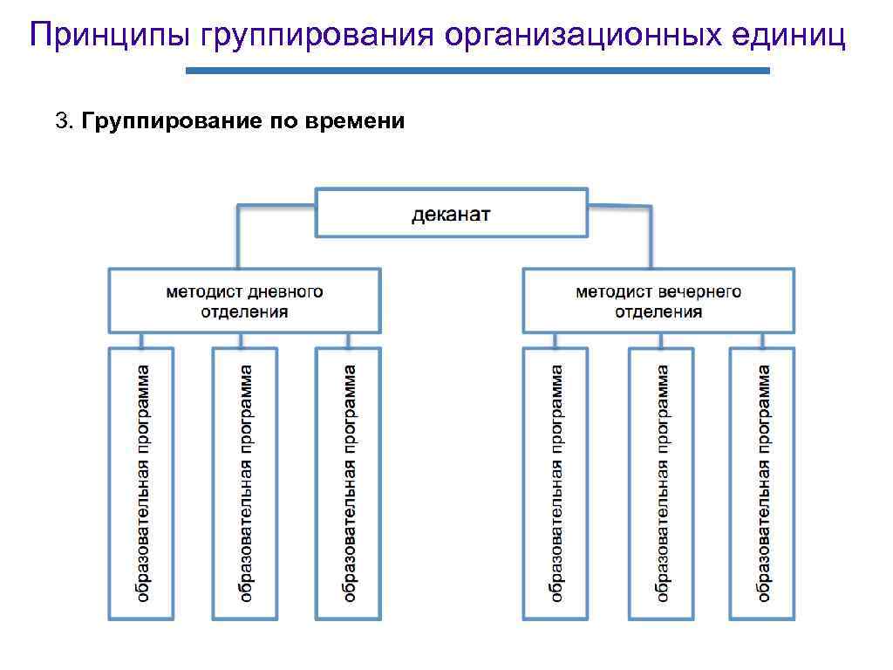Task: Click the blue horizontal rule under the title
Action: pyautogui.click(x=478, y=71)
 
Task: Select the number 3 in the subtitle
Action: pyautogui.click(x=60, y=121)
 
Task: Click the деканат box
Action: pyautogui.click(x=451, y=213)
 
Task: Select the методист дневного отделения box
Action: pyautogui.click(x=244, y=301)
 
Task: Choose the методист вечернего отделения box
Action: pyautogui.click(x=658, y=301)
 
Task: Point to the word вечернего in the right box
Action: pyautogui.click(x=700, y=291)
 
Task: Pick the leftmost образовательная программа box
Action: pyautogui.click(x=141, y=483)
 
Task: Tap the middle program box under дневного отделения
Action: pyautogui.click(x=245, y=483)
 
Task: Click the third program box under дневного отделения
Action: pyautogui.click(x=348, y=483)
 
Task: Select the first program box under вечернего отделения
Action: pyautogui.click(x=556, y=483)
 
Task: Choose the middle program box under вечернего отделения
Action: pyautogui.click(x=661, y=483)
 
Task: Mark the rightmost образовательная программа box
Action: pyautogui.click(x=762, y=483)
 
